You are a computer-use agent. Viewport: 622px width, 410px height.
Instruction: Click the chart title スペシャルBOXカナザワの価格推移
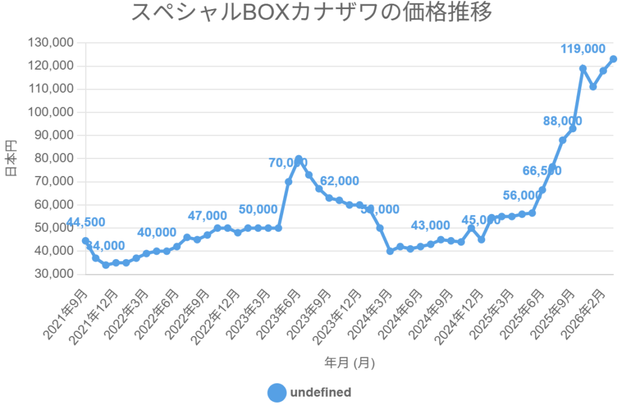pyautogui.click(x=311, y=13)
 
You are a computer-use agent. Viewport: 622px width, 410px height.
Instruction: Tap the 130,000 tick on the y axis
pyautogui.click(x=51, y=43)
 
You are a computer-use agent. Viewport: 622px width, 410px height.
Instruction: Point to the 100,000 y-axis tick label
pyautogui.click(x=51, y=112)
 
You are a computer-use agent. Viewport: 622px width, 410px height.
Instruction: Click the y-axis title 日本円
pyautogui.click(x=11, y=158)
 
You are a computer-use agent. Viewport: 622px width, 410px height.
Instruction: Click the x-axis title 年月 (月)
pyautogui.click(x=349, y=363)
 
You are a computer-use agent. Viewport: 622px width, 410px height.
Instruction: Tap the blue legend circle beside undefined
pyautogui.click(x=277, y=392)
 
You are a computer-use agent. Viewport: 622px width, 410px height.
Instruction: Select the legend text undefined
pyautogui.click(x=321, y=392)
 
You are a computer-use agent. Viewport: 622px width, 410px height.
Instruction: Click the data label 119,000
pyautogui.click(x=583, y=49)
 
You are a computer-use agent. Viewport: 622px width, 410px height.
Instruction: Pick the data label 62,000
pyautogui.click(x=339, y=181)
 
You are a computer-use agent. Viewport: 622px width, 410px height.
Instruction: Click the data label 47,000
pyautogui.click(x=207, y=216)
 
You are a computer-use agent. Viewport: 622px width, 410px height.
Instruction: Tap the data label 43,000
pyautogui.click(x=431, y=226)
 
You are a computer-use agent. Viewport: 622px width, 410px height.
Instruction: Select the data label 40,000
pyautogui.click(x=157, y=232)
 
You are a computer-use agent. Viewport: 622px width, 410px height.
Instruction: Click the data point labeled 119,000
pyautogui.click(x=583, y=69)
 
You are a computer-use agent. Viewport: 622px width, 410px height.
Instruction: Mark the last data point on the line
pyautogui.click(x=613, y=59)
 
